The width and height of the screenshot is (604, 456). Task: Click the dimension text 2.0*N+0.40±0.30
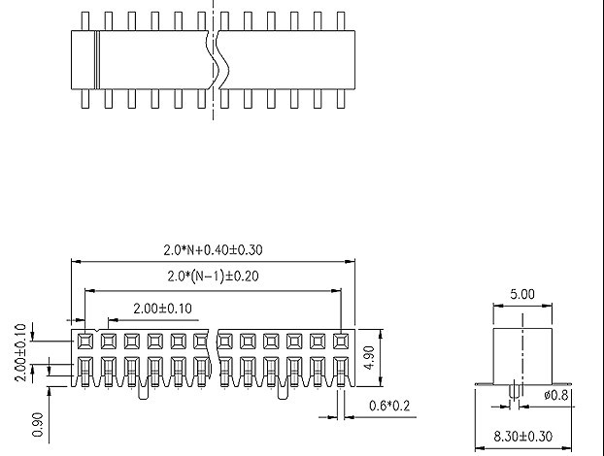[x=213, y=250]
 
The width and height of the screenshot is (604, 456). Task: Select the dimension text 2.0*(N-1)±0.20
[x=213, y=276]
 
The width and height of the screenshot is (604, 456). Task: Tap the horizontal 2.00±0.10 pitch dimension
[x=162, y=309]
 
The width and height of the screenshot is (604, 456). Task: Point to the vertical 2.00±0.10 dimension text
[x=20, y=352]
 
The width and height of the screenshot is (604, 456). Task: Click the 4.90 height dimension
[x=369, y=357]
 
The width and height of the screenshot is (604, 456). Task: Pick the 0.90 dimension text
[x=37, y=424]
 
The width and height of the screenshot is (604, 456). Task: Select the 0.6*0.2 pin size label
[x=389, y=406]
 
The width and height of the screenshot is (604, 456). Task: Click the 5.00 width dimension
[x=522, y=294]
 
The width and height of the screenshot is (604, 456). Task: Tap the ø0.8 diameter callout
[x=555, y=395]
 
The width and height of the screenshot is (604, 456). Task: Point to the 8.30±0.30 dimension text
[x=522, y=437]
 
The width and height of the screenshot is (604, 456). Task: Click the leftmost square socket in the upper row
[x=85, y=342]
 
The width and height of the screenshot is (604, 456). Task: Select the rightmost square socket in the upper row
[x=341, y=342]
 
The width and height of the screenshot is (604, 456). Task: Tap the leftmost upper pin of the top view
[x=85, y=21]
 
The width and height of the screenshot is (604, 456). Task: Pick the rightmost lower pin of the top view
[x=341, y=99]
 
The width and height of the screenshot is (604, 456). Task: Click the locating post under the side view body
[x=515, y=391]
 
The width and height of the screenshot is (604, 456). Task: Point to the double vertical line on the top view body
[x=97, y=60]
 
